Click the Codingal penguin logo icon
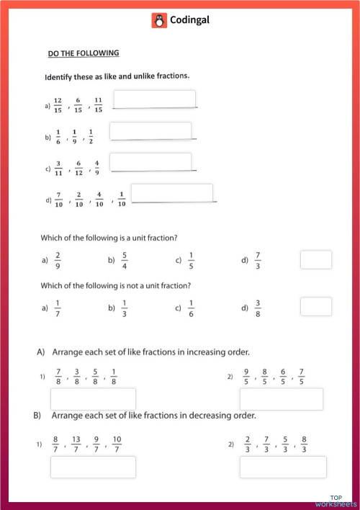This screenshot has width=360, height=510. [159, 21]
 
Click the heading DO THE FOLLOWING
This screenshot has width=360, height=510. [84, 53]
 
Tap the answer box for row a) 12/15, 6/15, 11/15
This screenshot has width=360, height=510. [155, 99]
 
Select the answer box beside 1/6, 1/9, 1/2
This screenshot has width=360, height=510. [150, 130]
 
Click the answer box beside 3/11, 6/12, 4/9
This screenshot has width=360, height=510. [150, 162]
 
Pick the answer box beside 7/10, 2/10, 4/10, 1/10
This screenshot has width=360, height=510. [172, 193]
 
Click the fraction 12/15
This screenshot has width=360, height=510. [58, 104]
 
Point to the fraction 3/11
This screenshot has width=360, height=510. [58, 168]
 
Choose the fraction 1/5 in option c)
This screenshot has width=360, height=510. [192, 259]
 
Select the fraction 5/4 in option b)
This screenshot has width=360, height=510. [125, 259]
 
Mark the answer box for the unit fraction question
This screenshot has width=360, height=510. [315, 260]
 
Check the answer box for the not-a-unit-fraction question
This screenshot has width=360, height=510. [315, 306]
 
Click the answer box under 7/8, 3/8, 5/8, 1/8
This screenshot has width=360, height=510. [93, 399]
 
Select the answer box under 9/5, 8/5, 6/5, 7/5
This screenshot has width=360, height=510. [281, 399]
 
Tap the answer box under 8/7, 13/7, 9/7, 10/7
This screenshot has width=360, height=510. [93, 467]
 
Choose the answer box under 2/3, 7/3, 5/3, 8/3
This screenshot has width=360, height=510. [282, 467]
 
